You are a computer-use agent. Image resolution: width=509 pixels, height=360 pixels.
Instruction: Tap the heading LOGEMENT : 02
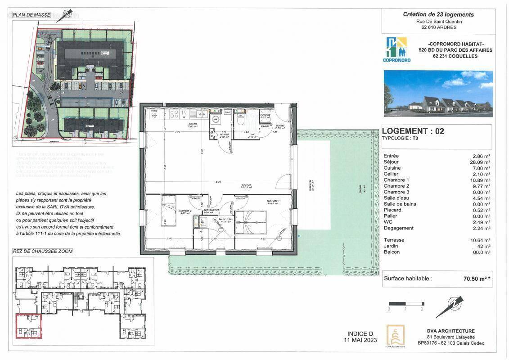(x=413, y=131)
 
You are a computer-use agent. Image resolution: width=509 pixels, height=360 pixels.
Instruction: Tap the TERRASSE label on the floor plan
(x=310, y=182)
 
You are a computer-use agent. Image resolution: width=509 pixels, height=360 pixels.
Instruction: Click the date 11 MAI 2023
(x=360, y=340)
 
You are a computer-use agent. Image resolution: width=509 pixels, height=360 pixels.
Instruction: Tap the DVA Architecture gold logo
(x=396, y=335)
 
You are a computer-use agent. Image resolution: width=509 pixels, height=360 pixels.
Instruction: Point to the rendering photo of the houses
(x=438, y=94)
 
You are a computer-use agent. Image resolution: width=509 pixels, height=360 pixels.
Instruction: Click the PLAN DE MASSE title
(x=32, y=15)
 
